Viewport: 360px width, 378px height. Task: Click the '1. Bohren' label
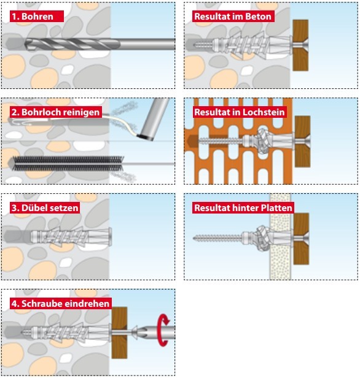click(x=37, y=17)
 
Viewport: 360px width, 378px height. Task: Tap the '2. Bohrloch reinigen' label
click(x=55, y=112)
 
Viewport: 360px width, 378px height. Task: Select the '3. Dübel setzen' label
click(x=45, y=208)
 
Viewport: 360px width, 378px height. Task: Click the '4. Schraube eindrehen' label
click(x=61, y=304)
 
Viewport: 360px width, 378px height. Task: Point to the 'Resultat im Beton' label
click(x=233, y=17)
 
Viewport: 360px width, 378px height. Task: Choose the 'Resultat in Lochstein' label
click(x=240, y=112)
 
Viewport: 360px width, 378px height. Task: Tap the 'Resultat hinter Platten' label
click(x=243, y=208)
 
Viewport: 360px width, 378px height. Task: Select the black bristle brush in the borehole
click(x=68, y=164)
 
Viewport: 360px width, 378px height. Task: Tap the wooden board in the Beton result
click(x=300, y=45)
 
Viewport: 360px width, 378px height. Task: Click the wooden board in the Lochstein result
click(x=302, y=142)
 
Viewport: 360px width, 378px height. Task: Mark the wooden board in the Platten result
click(x=301, y=239)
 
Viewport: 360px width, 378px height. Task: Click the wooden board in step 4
click(x=119, y=333)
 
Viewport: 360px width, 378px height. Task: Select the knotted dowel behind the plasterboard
click(x=262, y=238)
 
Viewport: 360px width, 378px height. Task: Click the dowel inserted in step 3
click(x=71, y=237)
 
